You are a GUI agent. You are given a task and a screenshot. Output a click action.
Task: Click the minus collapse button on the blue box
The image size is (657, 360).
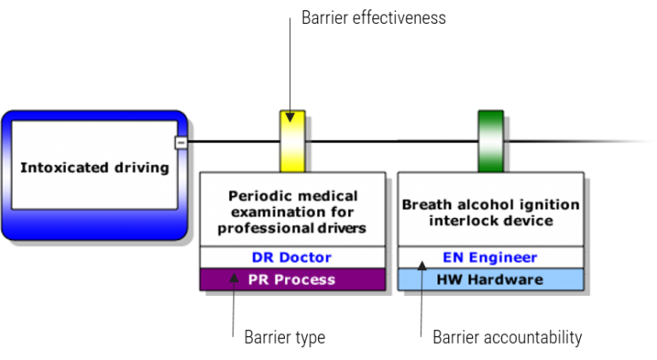click(181, 143)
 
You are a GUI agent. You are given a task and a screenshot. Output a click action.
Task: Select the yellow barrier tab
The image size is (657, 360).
click(293, 142)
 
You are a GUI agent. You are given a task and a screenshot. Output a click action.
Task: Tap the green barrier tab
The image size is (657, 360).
click(491, 142)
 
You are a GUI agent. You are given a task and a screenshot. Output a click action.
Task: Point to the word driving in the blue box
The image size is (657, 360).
click(142, 168)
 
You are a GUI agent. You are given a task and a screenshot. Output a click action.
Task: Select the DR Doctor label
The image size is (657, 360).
click(292, 257)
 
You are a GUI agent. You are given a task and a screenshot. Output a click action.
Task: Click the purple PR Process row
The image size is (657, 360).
click(292, 280)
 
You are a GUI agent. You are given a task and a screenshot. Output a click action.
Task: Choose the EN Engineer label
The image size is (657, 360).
click(490, 257)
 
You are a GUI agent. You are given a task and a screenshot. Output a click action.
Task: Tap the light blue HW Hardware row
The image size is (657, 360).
click(490, 280)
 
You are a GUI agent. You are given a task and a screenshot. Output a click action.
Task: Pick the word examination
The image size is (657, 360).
click(266, 212)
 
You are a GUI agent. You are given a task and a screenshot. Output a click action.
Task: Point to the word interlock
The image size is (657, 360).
click(459, 221)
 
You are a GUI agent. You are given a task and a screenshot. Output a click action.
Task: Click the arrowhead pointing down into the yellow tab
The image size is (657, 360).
click(290, 116)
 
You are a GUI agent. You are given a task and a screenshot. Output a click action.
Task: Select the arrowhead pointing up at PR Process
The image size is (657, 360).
click(234, 277)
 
